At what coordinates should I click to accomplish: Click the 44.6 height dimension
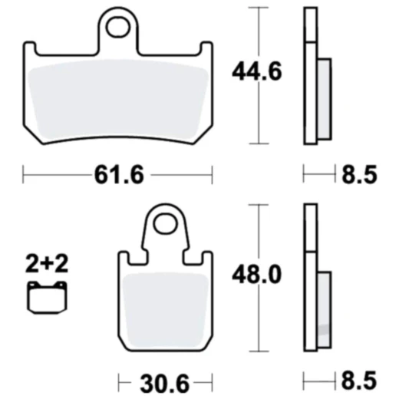coord(256,71)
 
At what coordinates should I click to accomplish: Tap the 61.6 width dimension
coord(119,175)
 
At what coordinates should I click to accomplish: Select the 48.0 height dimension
coord(256,275)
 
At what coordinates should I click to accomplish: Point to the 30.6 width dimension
coord(165,383)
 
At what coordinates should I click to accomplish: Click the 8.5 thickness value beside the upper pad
coord(359,175)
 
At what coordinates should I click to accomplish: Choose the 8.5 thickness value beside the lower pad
coord(359,381)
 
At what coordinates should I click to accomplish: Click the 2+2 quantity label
coord(47,264)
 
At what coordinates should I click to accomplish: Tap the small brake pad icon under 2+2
coord(47,298)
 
